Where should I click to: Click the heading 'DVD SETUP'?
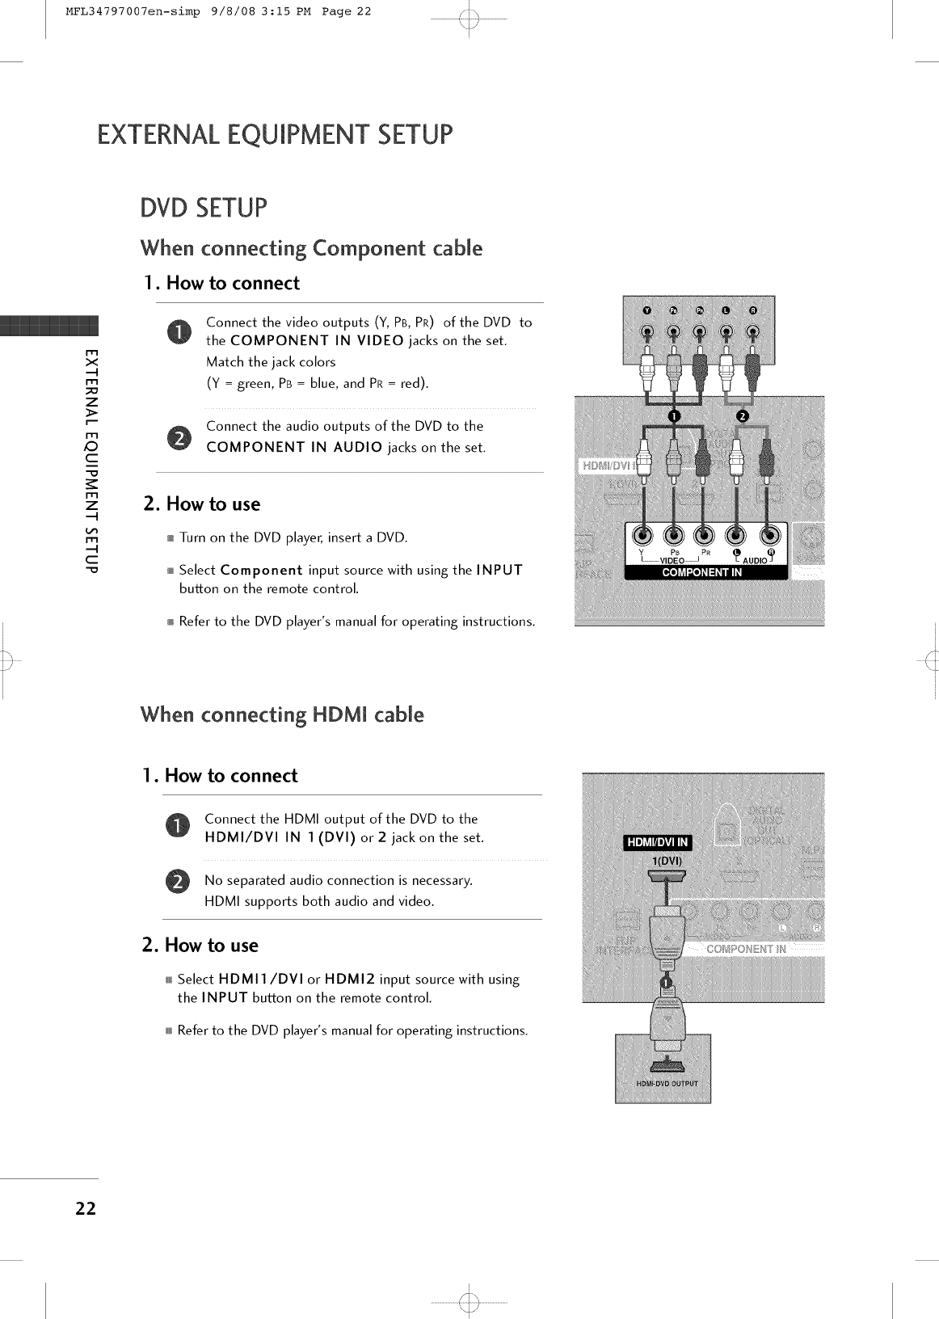coord(202,208)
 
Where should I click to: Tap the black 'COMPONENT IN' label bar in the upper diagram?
coord(701,573)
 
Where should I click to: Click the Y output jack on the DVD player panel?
coord(645,332)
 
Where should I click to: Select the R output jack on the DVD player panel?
coord(752,332)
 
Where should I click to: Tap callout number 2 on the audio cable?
coord(743,415)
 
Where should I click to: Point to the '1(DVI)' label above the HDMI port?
coord(667,861)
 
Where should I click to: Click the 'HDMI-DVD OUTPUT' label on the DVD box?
coord(667,1084)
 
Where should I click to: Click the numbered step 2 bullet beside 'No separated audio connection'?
coord(177,881)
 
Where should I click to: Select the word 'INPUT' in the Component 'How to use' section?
coord(499,570)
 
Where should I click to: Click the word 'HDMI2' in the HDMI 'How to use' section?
coord(350,979)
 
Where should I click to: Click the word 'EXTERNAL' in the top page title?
coord(154,134)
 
